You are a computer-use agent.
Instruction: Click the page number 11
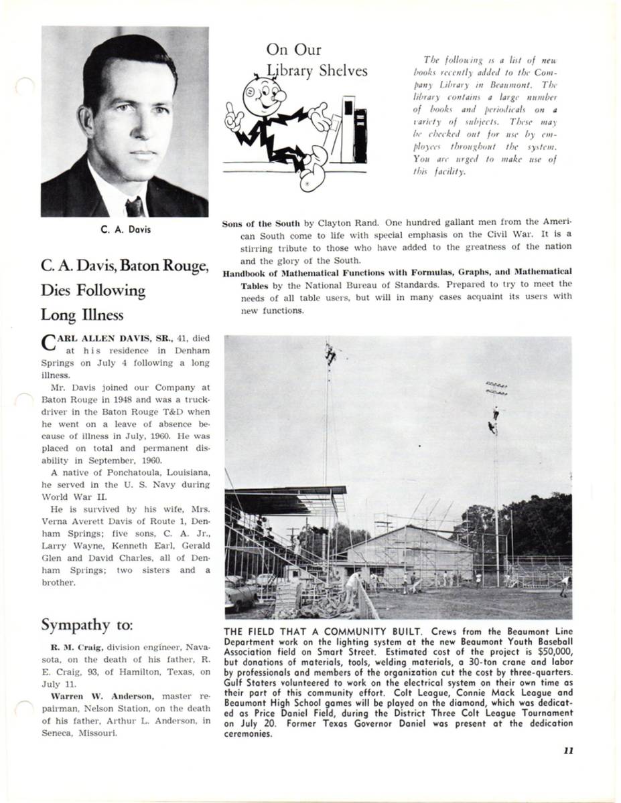pyautogui.click(x=567, y=750)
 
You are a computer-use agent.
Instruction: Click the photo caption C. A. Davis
pyautogui.click(x=125, y=230)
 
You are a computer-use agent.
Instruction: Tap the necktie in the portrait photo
pyautogui.click(x=134, y=205)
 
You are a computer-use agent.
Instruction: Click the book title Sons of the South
pyautogui.click(x=261, y=224)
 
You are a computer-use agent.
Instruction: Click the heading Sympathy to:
pyautogui.click(x=87, y=625)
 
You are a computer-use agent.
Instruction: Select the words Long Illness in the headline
pyautogui.click(x=82, y=314)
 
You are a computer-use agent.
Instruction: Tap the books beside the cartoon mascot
pyautogui.click(x=354, y=130)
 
